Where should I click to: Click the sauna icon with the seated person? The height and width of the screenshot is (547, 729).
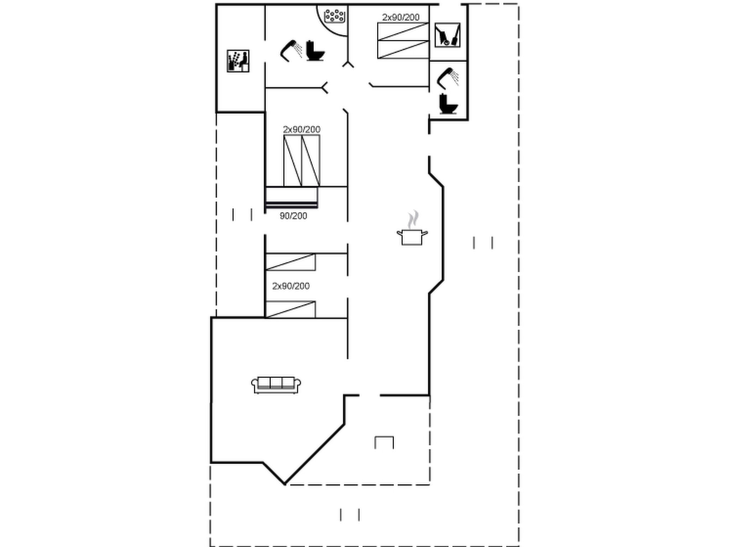click(238, 61)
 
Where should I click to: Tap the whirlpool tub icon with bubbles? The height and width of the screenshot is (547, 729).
click(335, 16)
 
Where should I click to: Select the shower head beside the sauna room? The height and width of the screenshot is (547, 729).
click(291, 51)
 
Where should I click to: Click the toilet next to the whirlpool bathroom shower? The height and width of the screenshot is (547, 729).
click(315, 51)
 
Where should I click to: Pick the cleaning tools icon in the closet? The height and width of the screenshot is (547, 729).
click(447, 35)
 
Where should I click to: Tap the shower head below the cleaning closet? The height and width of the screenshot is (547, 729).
click(447, 78)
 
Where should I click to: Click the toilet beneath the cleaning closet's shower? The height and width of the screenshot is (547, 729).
click(448, 104)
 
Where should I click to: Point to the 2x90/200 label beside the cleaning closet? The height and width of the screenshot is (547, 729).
click(401, 17)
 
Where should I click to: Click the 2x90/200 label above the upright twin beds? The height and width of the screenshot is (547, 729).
click(302, 129)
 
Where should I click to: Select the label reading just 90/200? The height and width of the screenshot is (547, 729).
click(293, 216)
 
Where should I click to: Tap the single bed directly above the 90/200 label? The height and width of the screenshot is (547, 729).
click(292, 197)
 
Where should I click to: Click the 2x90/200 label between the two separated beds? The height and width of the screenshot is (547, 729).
click(291, 286)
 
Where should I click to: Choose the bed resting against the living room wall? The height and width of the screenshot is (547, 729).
click(290, 309)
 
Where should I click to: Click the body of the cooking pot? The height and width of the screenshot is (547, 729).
click(412, 237)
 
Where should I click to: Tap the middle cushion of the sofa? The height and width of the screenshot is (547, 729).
click(276, 383)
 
